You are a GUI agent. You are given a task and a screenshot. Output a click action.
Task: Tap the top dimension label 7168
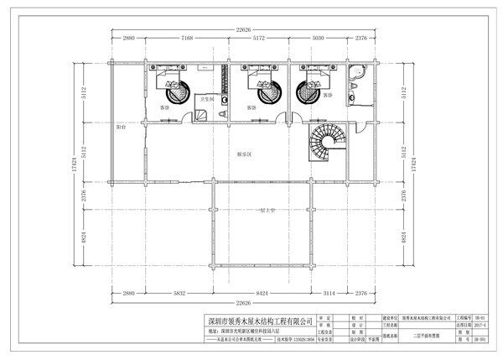click(188, 39)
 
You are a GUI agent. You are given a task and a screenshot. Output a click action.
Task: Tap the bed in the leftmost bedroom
click(173, 85)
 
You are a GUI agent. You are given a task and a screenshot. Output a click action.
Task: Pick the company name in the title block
click(261, 321)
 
